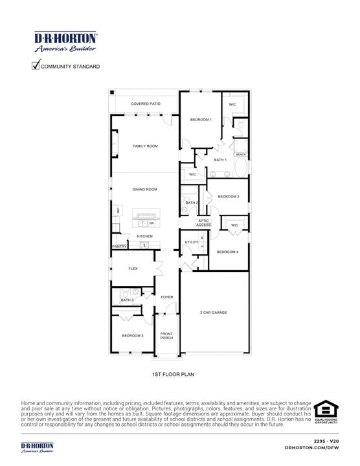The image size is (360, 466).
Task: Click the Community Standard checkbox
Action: (36, 65)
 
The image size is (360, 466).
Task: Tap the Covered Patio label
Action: (145, 104)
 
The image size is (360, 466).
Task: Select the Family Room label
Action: (145, 146)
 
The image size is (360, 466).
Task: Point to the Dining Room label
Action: (145, 189)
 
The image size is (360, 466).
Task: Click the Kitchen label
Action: (144, 236)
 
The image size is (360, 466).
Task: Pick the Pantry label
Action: (119, 247)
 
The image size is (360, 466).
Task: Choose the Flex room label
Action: (133, 268)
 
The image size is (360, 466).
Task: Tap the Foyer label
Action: (167, 297)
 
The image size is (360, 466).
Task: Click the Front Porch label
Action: (166, 335)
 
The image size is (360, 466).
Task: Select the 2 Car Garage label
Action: (213, 313)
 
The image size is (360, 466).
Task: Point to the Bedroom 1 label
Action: (201, 120)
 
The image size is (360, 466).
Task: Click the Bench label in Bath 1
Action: (240, 155)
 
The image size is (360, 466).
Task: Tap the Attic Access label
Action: (203, 223)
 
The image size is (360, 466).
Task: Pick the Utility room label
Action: (191, 242)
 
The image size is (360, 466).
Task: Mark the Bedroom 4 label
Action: (227, 252)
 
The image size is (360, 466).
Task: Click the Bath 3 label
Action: (128, 300)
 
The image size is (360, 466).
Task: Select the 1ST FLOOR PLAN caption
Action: (168, 374)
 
